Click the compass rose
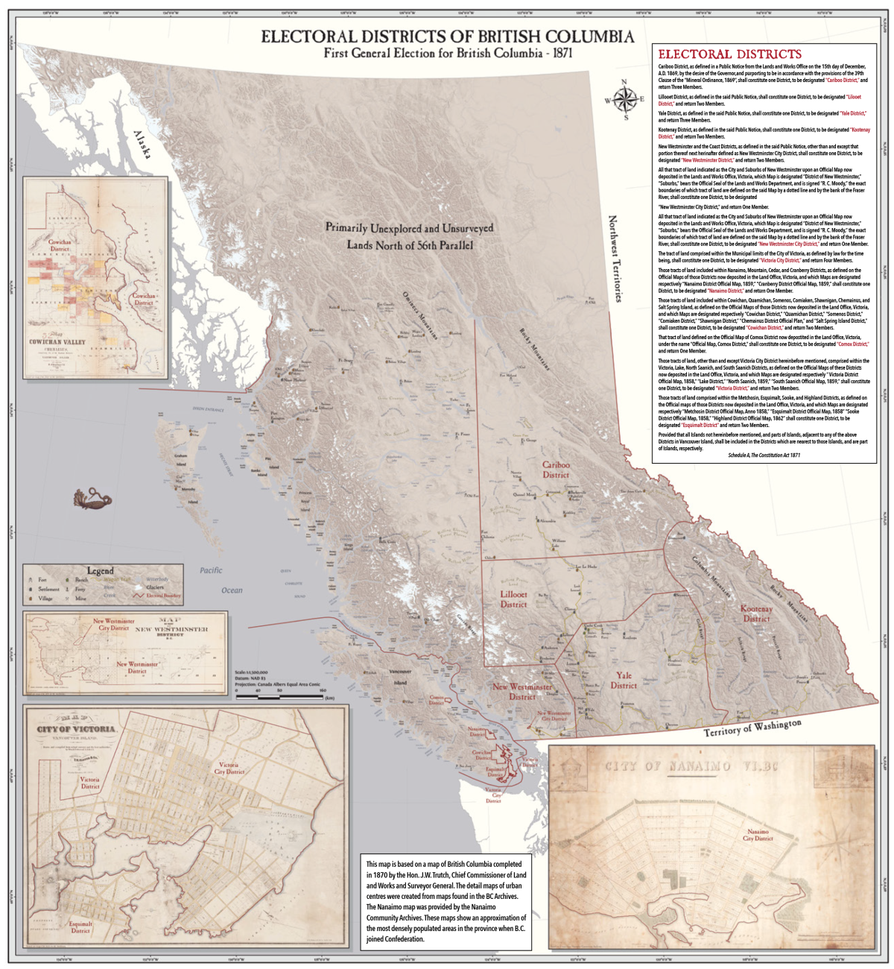[624, 99]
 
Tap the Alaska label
[146, 145]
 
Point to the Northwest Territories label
[614, 259]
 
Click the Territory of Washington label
[753, 727]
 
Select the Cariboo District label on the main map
[556, 470]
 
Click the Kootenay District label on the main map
[755, 613]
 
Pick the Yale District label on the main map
[624, 681]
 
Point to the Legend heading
[101, 571]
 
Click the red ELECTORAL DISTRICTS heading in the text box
[729, 54]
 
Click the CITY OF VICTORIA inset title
[77, 728]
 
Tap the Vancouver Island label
[400, 677]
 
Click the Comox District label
[436, 700]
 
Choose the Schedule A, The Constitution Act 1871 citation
[764, 454]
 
